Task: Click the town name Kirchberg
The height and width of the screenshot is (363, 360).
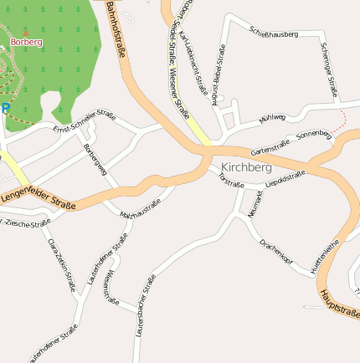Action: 246,167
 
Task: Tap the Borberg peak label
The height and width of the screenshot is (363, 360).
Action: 26,41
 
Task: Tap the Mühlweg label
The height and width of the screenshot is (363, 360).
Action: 272,119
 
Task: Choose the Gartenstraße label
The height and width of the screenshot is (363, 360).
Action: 270,148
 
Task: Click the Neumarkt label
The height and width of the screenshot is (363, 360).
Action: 255,204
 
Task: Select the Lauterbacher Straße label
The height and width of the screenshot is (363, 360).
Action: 145,305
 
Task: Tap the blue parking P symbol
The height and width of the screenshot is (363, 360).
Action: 5,108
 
